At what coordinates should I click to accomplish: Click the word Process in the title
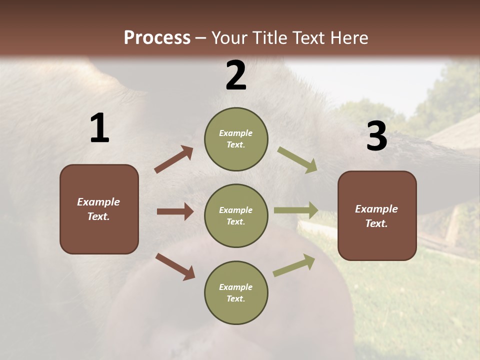coord(157,38)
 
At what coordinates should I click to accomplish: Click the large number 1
coord(99,128)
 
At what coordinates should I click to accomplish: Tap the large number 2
coord(236,75)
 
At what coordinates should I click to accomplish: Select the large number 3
coord(376,136)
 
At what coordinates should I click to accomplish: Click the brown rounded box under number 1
coord(99,209)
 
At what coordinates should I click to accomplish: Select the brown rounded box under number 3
coord(377,216)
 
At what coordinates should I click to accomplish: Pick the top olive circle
coord(236,139)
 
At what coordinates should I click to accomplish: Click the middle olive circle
coord(236,216)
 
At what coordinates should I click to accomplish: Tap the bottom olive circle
coord(236,293)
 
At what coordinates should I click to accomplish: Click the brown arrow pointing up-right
coord(174,159)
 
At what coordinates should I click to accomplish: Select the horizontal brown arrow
coord(175,211)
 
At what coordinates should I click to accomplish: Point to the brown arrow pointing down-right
coord(175,266)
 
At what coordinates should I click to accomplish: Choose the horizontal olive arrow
coord(296,210)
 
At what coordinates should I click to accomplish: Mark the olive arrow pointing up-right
coord(294,265)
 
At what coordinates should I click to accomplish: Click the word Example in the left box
coord(98,202)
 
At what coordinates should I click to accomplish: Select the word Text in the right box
coord(375,223)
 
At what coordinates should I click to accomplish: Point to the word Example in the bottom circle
coord(235,287)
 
